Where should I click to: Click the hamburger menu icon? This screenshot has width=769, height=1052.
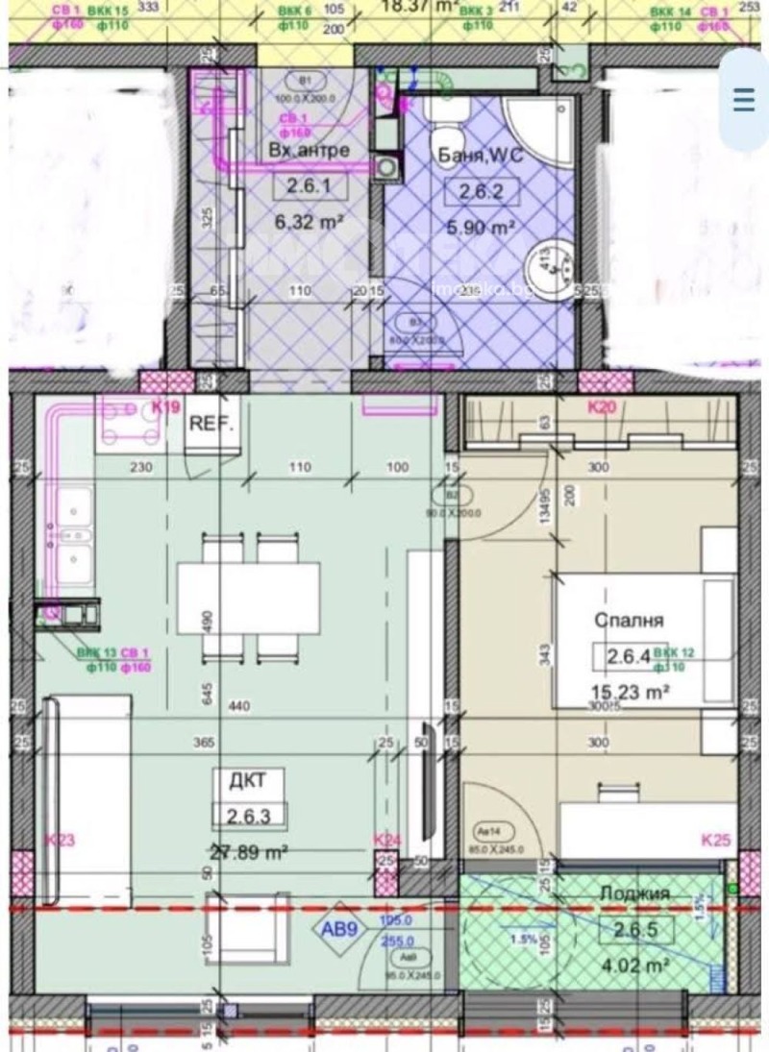[744, 100]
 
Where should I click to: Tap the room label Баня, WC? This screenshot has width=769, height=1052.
[480, 157]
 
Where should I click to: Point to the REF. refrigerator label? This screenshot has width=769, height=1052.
[211, 422]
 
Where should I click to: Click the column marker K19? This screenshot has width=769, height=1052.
[166, 407]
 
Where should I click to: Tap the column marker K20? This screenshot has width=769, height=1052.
[603, 408]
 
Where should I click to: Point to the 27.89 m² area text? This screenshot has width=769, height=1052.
[250, 850]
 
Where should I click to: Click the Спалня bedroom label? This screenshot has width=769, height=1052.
[629, 622]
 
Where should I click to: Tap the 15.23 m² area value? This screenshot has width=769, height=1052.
[631, 690]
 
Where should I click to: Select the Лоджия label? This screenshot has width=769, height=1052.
[634, 893]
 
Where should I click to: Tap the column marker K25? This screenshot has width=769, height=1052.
[716, 842]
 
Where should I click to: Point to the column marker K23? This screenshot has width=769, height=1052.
[60, 841]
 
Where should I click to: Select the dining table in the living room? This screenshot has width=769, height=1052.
[247, 598]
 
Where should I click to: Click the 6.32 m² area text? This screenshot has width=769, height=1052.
[308, 222]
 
